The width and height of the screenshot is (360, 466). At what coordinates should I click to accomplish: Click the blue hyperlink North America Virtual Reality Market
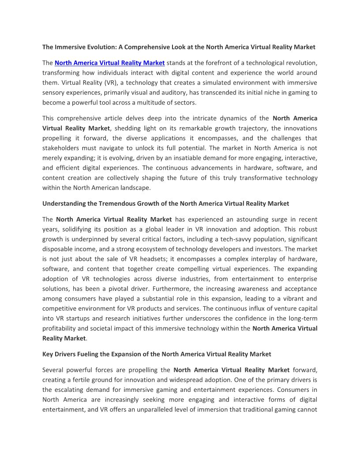coord(109,63)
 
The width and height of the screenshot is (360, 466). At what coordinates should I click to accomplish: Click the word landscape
coord(136,188)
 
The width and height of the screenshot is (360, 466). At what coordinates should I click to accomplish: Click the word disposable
coord(59,249)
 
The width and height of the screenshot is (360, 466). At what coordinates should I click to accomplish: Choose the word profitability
coord(62,328)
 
